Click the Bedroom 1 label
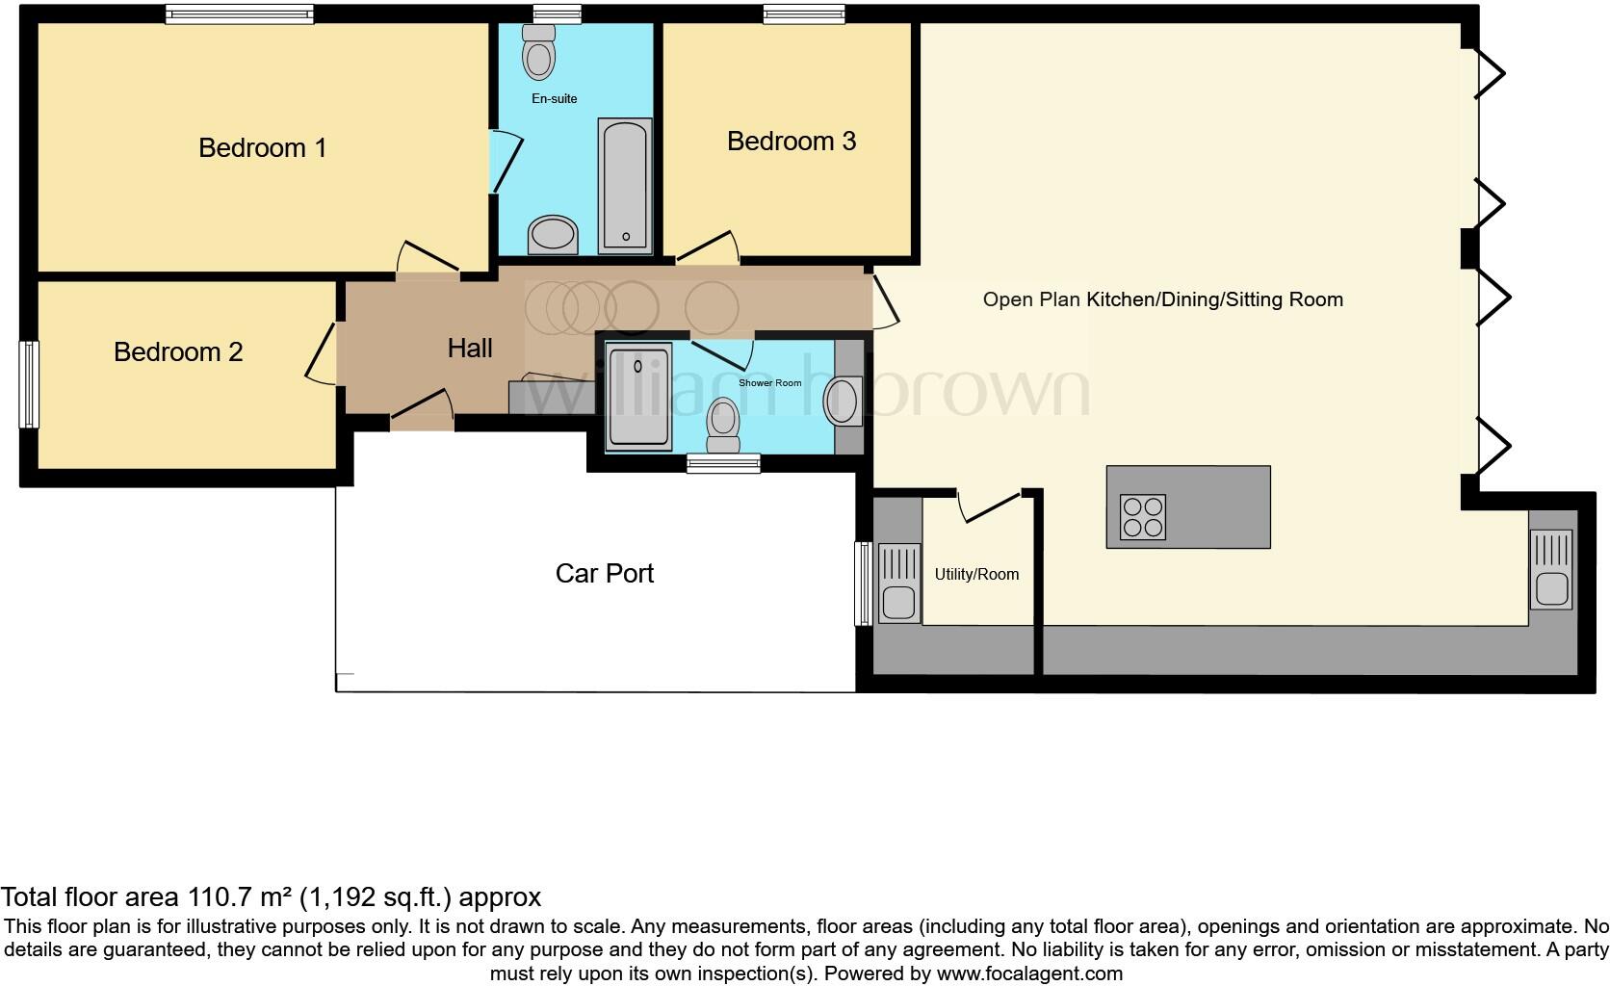(262, 147)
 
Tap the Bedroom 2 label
(178, 351)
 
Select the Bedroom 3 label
(791, 141)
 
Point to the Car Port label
(604, 573)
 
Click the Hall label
(470, 348)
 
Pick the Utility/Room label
(975, 574)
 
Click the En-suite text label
(555, 98)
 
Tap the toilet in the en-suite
(539, 52)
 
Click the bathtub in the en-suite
(625, 185)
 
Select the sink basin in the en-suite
(553, 234)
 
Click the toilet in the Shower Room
(722, 426)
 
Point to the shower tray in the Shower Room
(638, 396)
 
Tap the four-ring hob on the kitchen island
(1143, 517)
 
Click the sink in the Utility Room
(897, 582)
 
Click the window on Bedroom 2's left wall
(30, 384)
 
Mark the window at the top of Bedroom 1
(239, 13)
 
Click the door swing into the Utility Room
(989, 506)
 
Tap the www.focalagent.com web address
(1028, 973)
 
